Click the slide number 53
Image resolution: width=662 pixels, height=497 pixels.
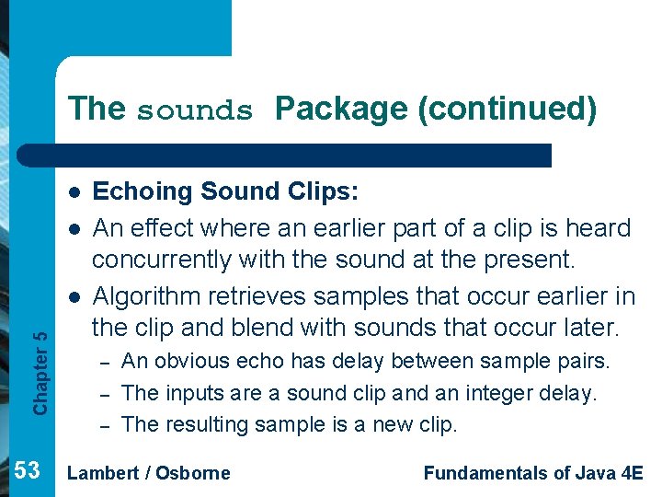click(x=28, y=471)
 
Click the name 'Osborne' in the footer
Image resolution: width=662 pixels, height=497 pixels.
click(x=193, y=473)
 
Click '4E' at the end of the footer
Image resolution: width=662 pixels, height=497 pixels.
click(x=631, y=473)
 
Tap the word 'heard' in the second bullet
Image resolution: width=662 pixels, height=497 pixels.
click(x=601, y=227)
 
